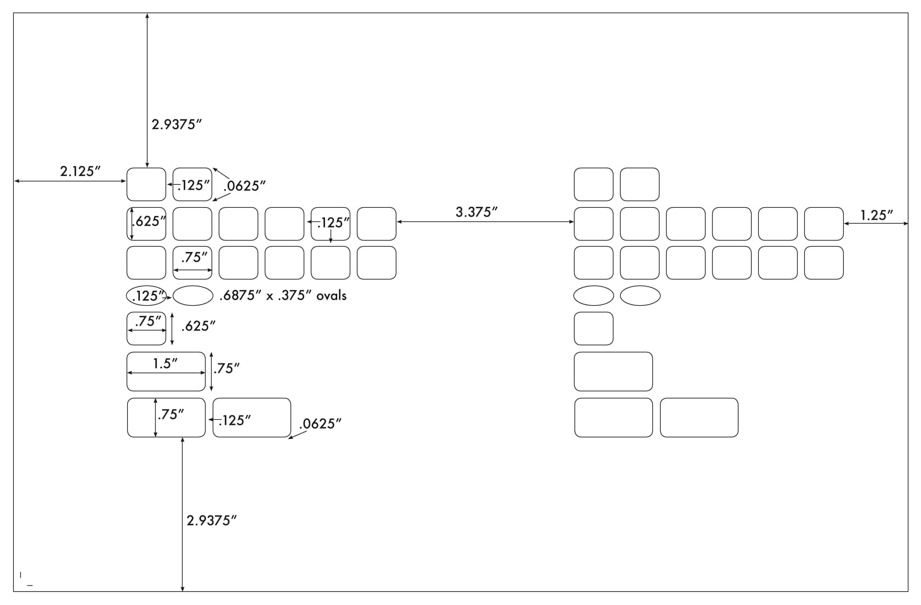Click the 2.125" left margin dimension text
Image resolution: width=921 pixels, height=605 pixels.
[x=80, y=172]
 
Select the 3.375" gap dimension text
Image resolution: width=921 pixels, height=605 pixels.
[x=476, y=212]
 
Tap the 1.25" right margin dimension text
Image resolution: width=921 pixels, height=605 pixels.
[x=877, y=215]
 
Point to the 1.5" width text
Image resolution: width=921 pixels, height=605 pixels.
[x=166, y=364]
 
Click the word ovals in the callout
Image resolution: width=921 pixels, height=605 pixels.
[x=331, y=295]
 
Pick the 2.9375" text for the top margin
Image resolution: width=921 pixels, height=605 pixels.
[x=177, y=124]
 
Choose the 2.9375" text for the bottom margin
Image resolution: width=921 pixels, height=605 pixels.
[x=212, y=521]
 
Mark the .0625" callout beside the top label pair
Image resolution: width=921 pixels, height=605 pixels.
[x=245, y=186]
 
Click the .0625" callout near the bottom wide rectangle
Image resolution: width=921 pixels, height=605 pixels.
[x=320, y=424]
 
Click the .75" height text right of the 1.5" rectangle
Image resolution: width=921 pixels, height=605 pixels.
[x=226, y=369]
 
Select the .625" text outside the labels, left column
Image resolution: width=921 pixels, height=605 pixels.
[x=198, y=327]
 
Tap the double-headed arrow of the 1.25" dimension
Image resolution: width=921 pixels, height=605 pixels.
[x=876, y=224]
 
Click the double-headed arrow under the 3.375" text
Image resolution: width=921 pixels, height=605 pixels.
[x=485, y=222]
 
